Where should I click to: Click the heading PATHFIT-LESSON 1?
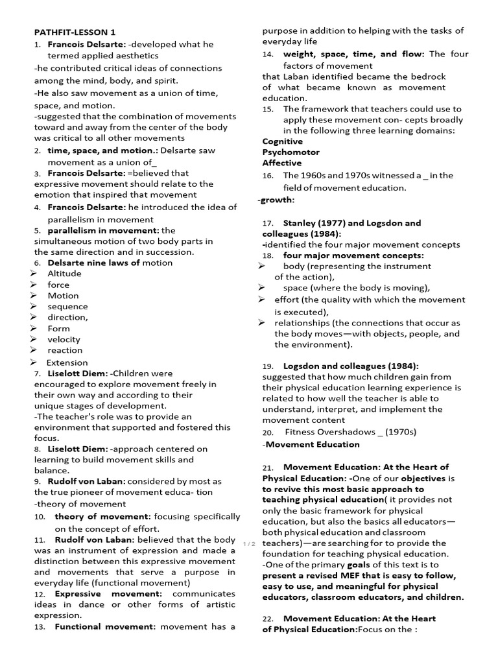[75, 32]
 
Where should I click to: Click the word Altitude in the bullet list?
[64, 274]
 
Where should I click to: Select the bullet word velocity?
[64, 339]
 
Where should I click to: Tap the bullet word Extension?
[67, 362]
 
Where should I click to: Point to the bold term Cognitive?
[282, 141]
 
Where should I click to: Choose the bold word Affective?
[281, 163]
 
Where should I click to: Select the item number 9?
[38, 482]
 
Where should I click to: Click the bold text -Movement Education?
[311, 444]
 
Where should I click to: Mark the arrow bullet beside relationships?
[261, 323]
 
